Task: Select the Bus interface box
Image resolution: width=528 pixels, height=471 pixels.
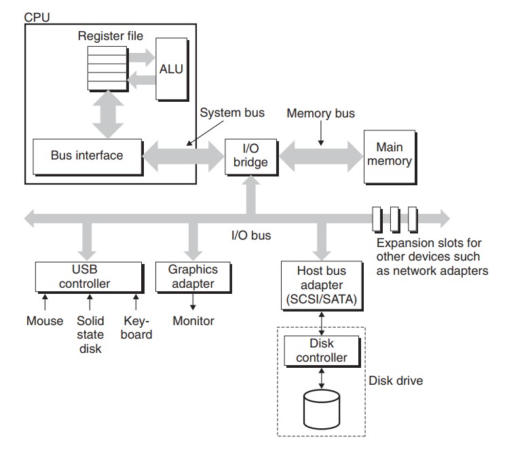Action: click(87, 155)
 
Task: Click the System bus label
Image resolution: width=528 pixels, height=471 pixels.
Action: click(232, 113)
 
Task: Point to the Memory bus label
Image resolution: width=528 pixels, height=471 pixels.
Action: click(320, 113)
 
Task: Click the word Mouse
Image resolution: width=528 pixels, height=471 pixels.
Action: click(45, 321)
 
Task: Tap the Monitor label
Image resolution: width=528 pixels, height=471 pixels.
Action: click(193, 321)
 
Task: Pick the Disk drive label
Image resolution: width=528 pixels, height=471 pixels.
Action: click(395, 381)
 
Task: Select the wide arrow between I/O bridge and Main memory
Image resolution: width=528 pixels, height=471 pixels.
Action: click(319, 155)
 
